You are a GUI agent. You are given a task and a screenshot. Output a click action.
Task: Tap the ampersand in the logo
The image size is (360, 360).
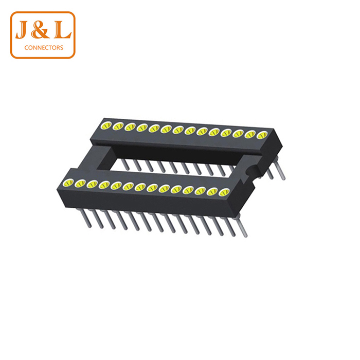40,29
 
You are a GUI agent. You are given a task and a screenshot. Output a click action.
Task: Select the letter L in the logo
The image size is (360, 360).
62,29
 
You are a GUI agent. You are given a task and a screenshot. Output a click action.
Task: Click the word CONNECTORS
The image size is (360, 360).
44,48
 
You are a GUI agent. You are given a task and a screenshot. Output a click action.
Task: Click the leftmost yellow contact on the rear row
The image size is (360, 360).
106,125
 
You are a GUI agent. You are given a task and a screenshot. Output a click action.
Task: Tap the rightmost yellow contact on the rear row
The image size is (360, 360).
262,135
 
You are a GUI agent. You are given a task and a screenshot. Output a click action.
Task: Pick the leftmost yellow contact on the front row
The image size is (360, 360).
68,183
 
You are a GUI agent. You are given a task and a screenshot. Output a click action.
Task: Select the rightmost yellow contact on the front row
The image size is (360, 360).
224,192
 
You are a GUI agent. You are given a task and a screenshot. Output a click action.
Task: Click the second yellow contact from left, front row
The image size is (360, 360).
80,184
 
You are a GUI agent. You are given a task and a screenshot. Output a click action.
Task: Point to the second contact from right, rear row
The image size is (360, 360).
250,135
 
